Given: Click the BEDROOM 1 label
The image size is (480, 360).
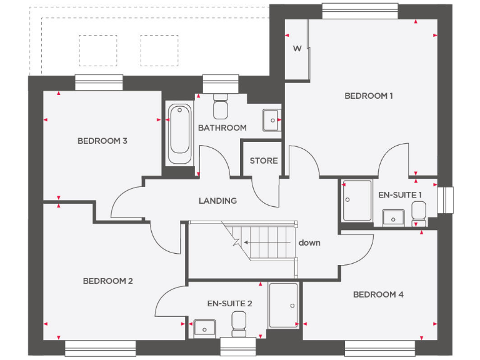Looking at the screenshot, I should pyautogui.click(x=369, y=96).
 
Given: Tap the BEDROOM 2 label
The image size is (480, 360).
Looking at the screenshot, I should pyautogui.click(x=107, y=281).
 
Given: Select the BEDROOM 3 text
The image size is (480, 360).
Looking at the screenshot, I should pyautogui.click(x=102, y=141).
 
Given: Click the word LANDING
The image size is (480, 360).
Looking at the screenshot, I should pyautogui.click(x=217, y=201).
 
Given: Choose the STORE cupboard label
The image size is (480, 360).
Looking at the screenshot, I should pyautogui.click(x=264, y=161).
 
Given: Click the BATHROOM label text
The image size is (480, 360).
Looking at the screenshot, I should pyautogui.click(x=222, y=127).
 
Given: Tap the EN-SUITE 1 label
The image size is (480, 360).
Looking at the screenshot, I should pyautogui.click(x=401, y=194).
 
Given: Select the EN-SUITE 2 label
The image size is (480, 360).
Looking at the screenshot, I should pyautogui.click(x=229, y=303).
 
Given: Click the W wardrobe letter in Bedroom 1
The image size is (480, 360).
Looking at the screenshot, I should pyautogui.click(x=297, y=49).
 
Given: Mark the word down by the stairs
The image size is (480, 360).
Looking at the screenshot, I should pyautogui.click(x=309, y=242).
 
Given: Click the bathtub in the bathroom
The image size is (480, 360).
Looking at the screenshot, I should pyautogui.click(x=179, y=134).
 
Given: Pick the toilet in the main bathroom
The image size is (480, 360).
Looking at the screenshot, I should pyautogui.click(x=221, y=107).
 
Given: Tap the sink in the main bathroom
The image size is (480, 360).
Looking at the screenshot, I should pyautogui.click(x=271, y=119).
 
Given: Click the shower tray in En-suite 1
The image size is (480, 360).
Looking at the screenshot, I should pyautogui.click(x=357, y=200).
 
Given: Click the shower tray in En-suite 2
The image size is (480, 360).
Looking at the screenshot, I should pyautogui.click(x=284, y=305).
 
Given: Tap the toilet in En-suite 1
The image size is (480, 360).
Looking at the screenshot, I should pyautogui.click(x=418, y=214).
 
